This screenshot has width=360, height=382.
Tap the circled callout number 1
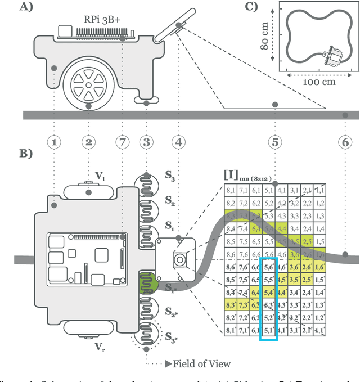[55, 142]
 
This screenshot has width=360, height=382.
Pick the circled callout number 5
[274, 142]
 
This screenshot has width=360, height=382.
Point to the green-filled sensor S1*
[147, 281]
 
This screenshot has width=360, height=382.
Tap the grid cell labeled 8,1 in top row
[231, 191]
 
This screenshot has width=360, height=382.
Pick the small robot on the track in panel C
[333, 57]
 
